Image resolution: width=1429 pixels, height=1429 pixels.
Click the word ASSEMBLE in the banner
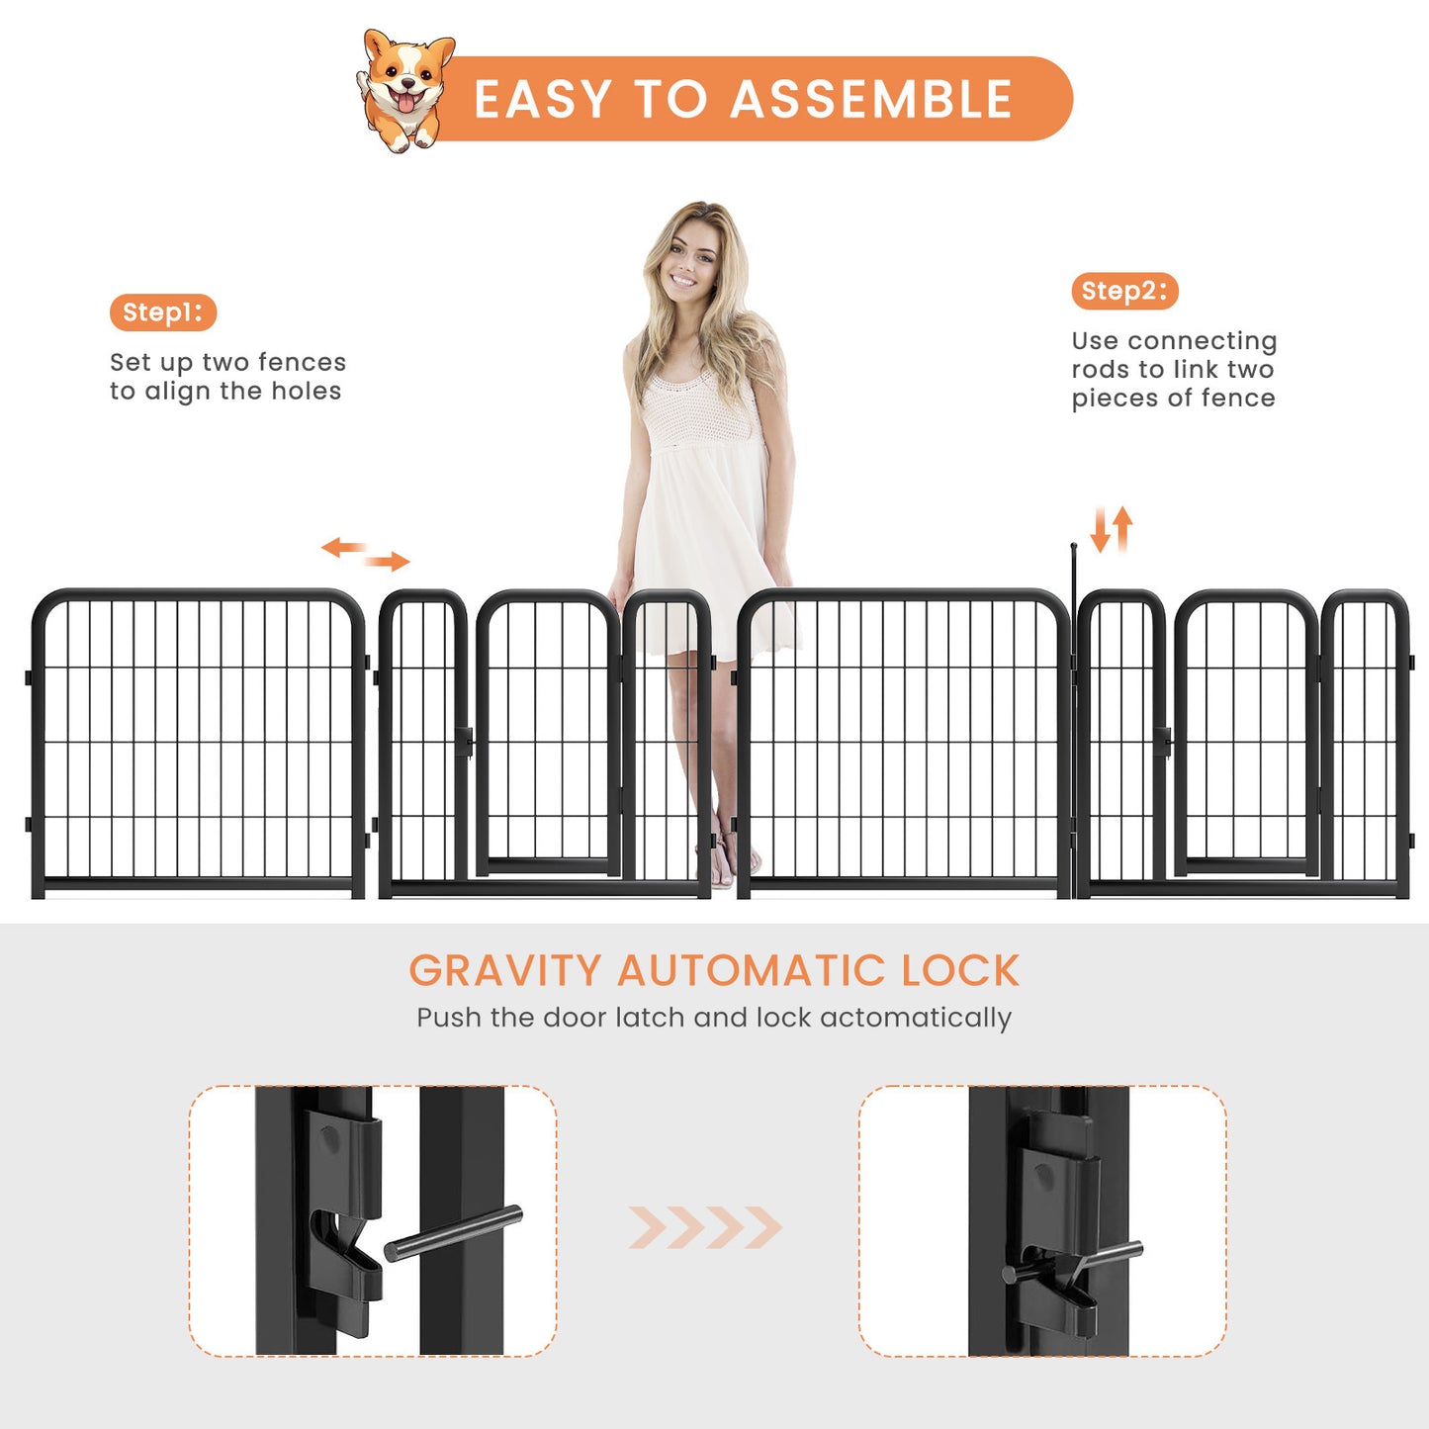(x=871, y=100)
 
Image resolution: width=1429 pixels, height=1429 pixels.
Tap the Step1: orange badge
(x=162, y=313)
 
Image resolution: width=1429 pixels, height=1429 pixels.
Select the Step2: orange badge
(x=1124, y=291)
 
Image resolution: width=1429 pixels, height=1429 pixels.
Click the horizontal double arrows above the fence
(x=365, y=554)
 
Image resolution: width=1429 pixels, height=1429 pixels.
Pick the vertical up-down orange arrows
(x=1111, y=529)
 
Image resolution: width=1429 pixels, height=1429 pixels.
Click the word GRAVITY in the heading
(x=504, y=971)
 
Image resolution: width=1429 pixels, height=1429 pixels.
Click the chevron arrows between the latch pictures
(x=705, y=1227)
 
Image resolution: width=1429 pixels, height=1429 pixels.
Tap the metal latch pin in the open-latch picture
(x=453, y=1233)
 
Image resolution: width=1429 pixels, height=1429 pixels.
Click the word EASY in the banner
(x=543, y=100)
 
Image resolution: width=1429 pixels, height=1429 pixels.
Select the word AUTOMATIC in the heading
(x=751, y=971)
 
